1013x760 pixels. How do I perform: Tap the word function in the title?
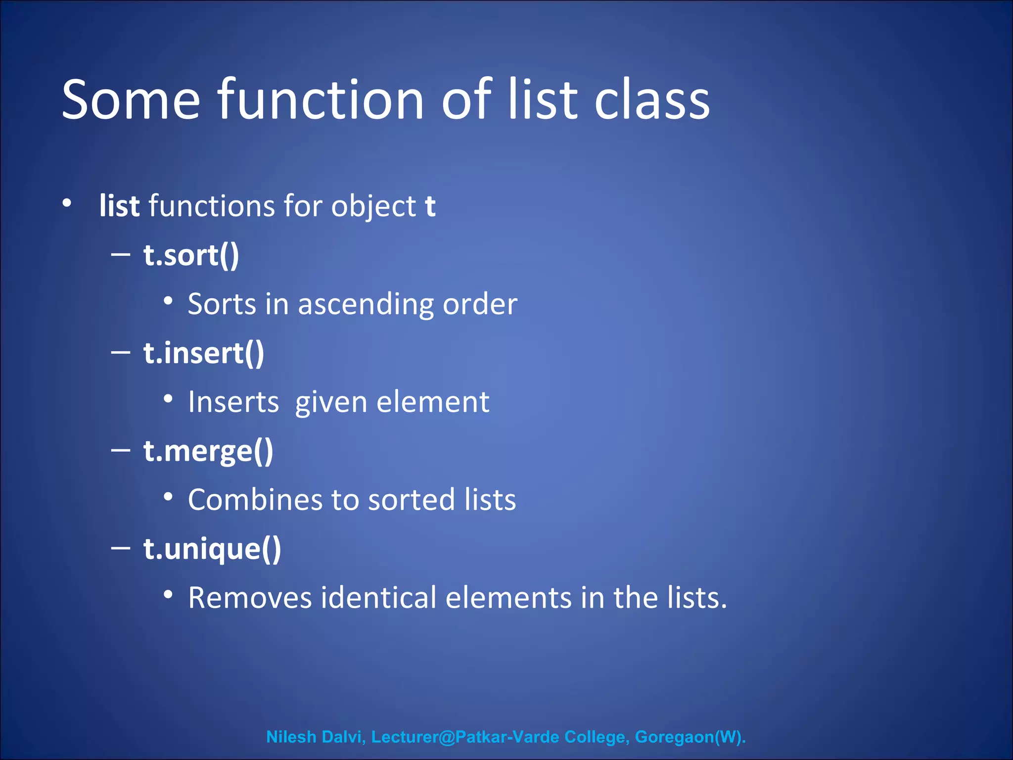[321, 100]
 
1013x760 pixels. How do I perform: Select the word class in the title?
[652, 101]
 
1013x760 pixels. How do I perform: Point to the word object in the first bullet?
[373, 207]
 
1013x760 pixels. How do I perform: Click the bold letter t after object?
[430, 206]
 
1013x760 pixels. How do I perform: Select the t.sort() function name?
[191, 255]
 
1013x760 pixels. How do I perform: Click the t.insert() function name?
[204, 353]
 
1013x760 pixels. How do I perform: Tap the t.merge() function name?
[208, 451]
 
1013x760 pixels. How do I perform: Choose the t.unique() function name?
[212, 549]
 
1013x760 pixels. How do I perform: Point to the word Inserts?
[233, 402]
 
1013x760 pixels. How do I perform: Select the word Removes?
[250, 598]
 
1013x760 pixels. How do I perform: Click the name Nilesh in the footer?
[291, 737]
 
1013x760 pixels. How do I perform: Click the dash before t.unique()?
[121, 548]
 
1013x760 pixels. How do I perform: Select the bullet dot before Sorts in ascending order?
[168, 301]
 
